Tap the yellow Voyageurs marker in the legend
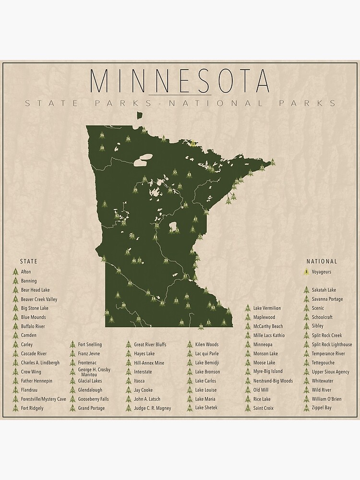tap(306, 272)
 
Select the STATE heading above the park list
tap(28, 262)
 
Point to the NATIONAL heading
tap(322, 262)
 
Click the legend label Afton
tap(26, 272)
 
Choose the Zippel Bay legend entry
tap(321, 408)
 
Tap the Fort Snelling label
tap(90, 345)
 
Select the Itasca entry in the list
tap(139, 381)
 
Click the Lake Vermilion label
tap(267, 308)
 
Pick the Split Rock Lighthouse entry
tap(332, 345)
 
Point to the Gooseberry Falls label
tap(93, 399)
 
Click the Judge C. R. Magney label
tap(152, 408)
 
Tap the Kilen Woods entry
tap(206, 345)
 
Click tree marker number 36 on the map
tap(102, 135)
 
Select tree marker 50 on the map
tap(102, 148)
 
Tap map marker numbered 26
tap(128, 139)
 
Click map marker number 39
tap(166, 261)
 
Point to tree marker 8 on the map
tap(118, 295)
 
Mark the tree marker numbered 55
tap(175, 172)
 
